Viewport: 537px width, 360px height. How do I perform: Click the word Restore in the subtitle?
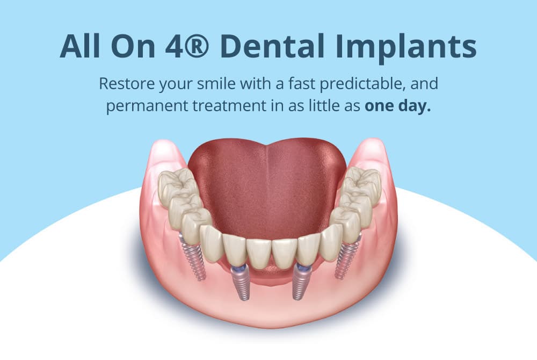(x=126, y=83)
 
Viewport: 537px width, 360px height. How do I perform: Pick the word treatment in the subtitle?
(x=229, y=105)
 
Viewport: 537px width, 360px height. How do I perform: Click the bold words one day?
(x=397, y=106)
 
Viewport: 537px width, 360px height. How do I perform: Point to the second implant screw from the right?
(x=300, y=282)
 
